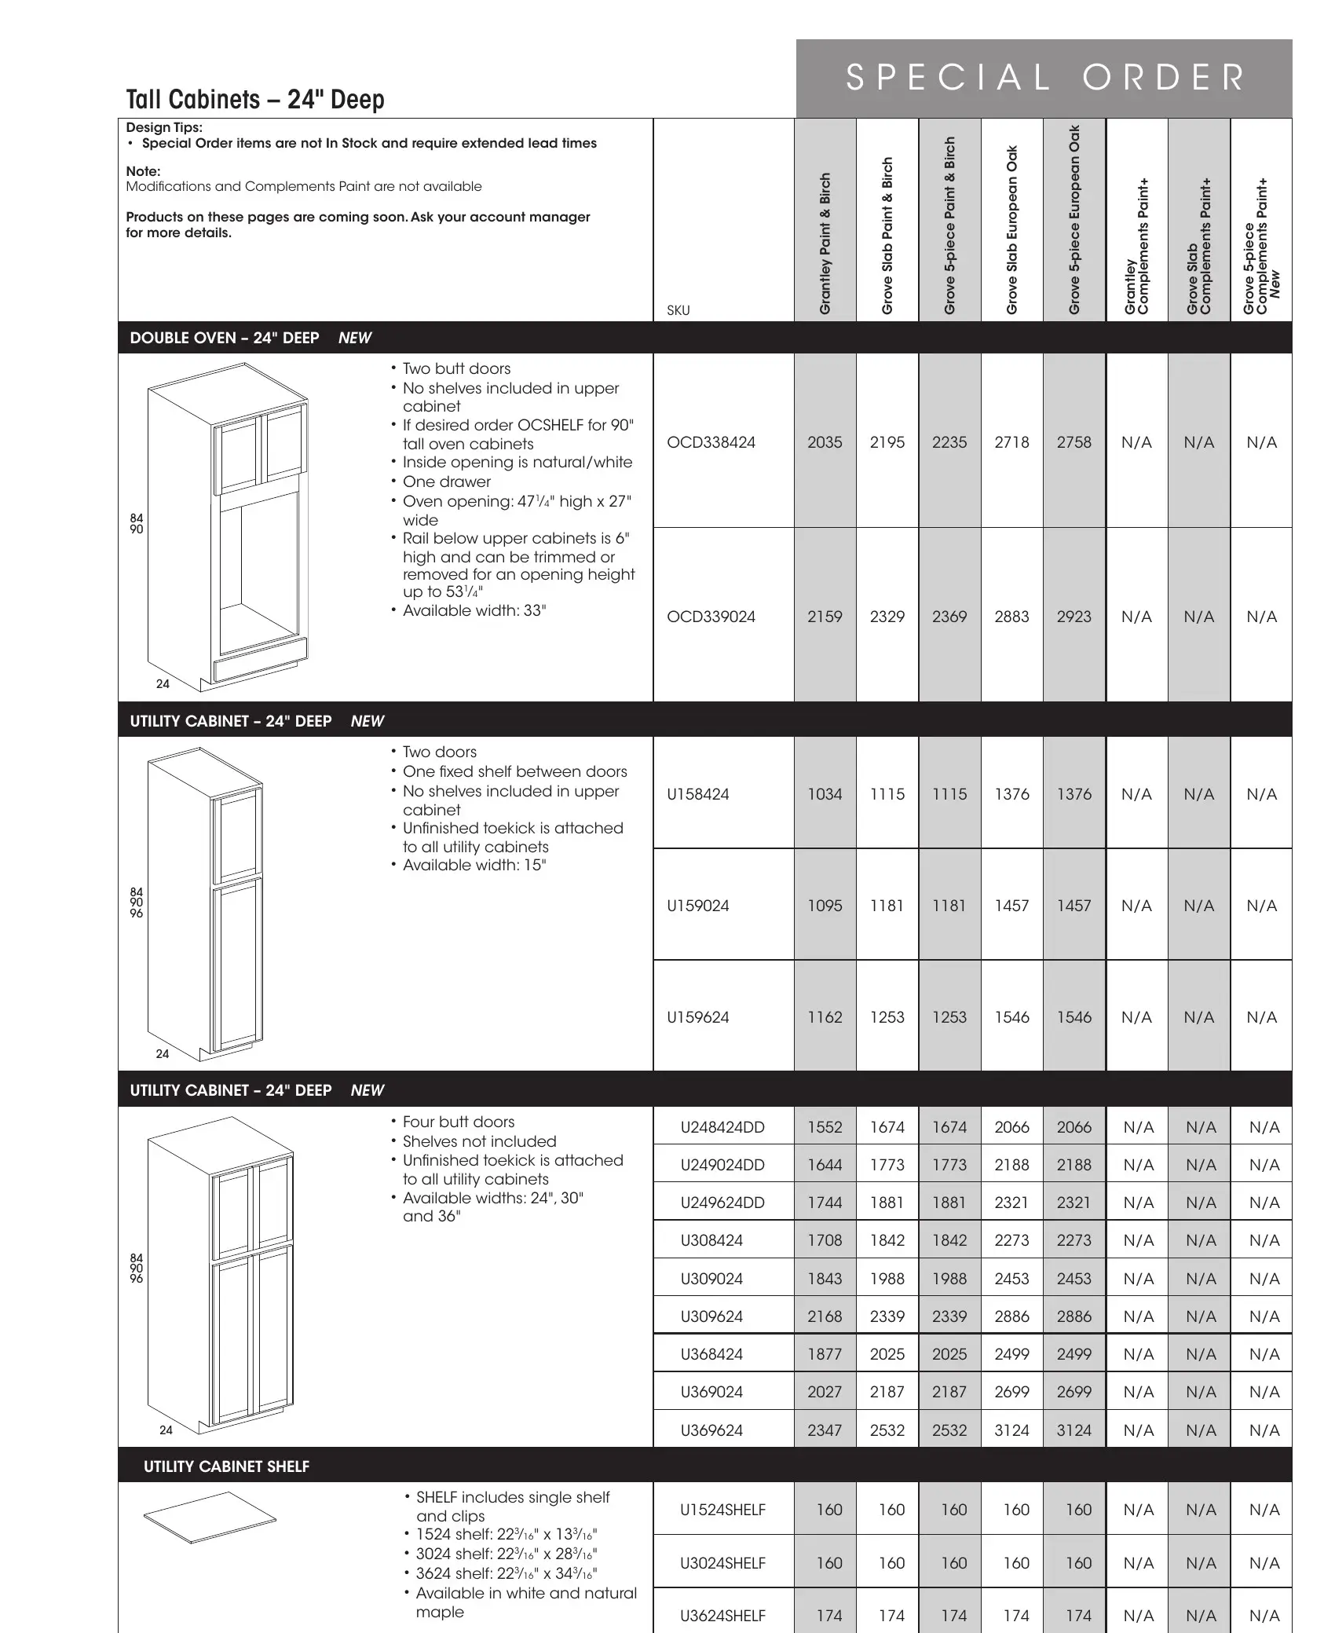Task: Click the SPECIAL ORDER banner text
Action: tap(1044, 78)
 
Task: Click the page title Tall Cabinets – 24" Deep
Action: tap(255, 100)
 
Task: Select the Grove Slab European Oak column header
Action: tap(1012, 230)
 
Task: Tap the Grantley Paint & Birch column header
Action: tap(825, 243)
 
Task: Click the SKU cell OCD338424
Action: tap(711, 442)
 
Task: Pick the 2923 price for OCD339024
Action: tap(1073, 617)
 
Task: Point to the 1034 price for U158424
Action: tap(825, 794)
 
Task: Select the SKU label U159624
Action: tap(697, 1017)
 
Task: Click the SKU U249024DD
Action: tap(722, 1165)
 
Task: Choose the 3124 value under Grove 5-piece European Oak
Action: tap(1073, 1430)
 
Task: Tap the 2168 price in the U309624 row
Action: tap(825, 1316)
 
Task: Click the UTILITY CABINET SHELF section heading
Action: tap(226, 1466)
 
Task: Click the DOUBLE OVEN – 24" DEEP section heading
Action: tap(225, 338)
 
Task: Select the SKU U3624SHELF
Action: tap(722, 1616)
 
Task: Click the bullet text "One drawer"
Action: tap(446, 481)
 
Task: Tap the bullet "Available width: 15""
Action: tap(474, 865)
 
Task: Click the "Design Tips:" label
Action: tap(164, 127)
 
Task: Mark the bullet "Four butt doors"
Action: tap(459, 1122)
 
